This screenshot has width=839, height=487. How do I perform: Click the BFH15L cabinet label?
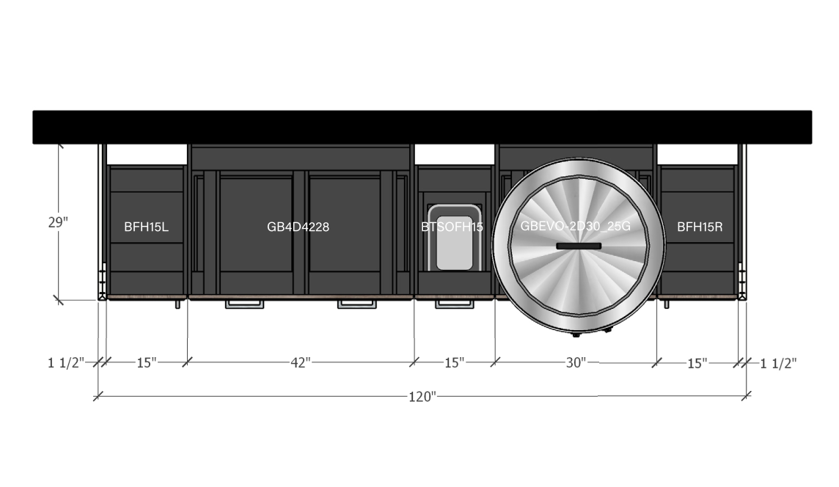[146, 227]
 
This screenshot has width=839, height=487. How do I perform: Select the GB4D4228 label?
[298, 227]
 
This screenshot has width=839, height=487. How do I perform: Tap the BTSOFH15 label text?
[453, 227]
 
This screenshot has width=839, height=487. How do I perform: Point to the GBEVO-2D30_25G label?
[575, 226]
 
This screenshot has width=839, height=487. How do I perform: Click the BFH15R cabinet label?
[700, 227]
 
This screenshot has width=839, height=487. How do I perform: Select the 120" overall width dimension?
[422, 397]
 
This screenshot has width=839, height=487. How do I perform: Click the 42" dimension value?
[300, 363]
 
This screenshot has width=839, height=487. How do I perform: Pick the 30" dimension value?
[576, 363]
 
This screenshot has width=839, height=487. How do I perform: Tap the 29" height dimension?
[59, 222]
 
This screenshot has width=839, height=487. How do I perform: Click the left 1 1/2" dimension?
[66, 363]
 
